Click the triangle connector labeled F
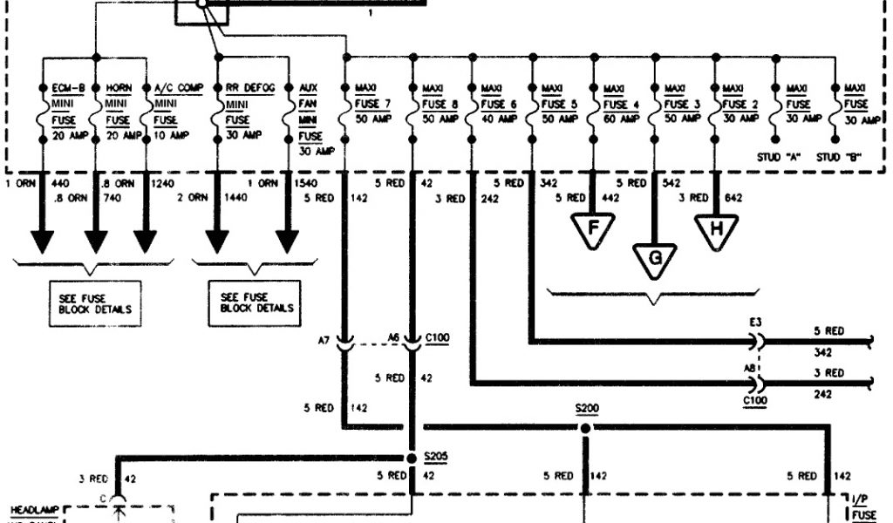coord(594,228)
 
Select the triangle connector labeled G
coord(654,259)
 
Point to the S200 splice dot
coord(584,428)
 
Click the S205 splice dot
coord(411,458)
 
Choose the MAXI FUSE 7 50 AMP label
coord(372,104)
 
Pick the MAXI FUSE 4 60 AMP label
coord(621,104)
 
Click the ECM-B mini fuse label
coord(70,111)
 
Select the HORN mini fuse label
coord(121,111)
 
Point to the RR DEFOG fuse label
coord(249,111)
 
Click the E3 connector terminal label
coord(755,322)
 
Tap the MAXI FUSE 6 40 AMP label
coord(498,104)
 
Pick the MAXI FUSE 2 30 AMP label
coord(741,104)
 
